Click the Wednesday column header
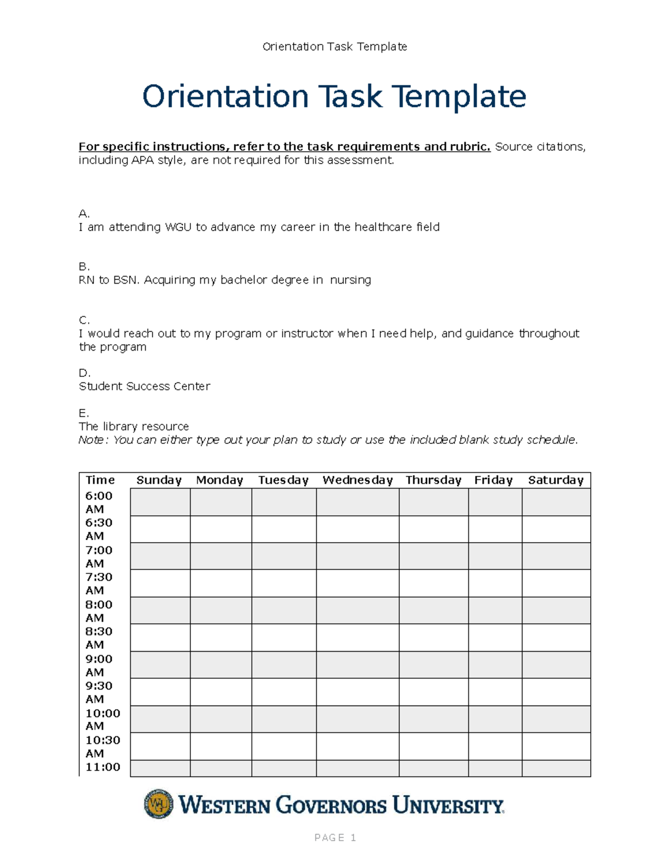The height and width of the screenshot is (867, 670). (357, 480)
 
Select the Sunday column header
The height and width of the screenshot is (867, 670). (159, 480)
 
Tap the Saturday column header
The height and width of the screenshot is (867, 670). (556, 480)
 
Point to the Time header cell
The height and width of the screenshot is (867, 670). (100, 480)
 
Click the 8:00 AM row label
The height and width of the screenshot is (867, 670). (99, 611)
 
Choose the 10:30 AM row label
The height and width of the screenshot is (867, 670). (102, 746)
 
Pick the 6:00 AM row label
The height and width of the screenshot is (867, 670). (99, 502)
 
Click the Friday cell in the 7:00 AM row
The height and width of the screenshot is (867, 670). (495, 556)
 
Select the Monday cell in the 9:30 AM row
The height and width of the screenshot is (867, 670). (221, 692)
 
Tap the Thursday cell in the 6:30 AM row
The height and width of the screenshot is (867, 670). (433, 529)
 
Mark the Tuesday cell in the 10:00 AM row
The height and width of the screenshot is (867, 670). (284, 719)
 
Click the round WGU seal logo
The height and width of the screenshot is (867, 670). (159, 804)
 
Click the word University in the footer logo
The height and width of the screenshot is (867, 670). (448, 806)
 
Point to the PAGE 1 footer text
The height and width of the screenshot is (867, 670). (335, 837)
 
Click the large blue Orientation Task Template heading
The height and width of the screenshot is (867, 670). (334, 96)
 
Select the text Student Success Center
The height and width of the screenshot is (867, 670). (145, 386)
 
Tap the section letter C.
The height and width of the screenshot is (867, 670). (84, 320)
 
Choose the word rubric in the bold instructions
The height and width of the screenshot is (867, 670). (473, 147)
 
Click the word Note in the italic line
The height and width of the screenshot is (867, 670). (92, 440)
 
